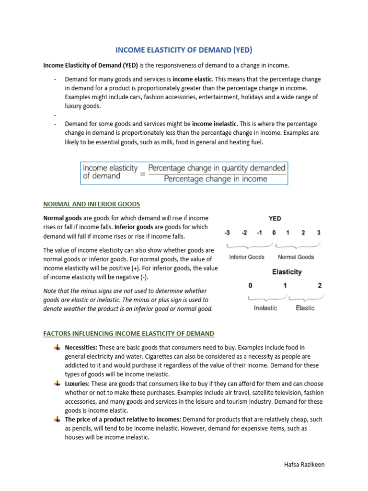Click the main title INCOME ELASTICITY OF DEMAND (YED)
point(184,50)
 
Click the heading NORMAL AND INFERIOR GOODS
point(92,204)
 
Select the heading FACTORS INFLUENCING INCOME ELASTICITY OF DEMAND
point(129,333)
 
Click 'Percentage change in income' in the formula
point(216,179)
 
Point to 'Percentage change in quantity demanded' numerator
point(217,168)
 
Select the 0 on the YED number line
point(274,233)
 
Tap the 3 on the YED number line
point(318,233)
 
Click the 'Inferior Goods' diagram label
point(247,257)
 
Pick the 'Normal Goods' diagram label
point(296,257)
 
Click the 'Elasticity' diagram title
point(287,272)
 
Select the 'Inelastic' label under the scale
point(265,308)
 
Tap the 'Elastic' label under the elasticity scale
point(305,308)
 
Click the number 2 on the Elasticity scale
point(320,286)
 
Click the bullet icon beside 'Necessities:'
point(57,347)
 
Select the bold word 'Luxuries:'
point(77,384)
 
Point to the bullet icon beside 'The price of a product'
point(57,420)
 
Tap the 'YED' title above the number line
point(275,218)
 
